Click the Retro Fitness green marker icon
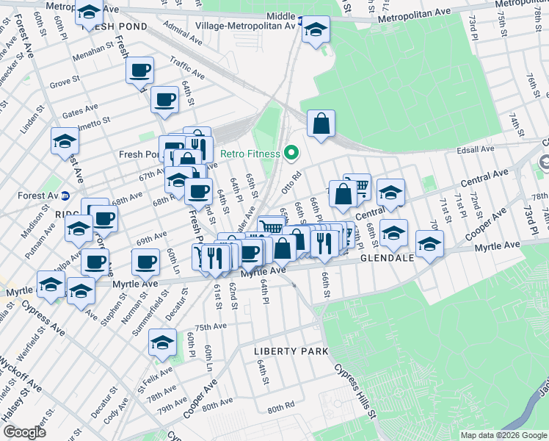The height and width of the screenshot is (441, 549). [291, 154]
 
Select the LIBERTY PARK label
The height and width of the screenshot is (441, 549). [291, 351]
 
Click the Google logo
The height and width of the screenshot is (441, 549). [24, 433]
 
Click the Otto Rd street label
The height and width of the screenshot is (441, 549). [291, 182]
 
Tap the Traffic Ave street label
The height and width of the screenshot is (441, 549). [186, 69]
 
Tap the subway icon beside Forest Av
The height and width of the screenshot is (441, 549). [65, 196]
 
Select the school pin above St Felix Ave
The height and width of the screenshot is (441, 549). [163, 342]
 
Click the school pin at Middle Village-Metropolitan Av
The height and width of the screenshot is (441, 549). [316, 30]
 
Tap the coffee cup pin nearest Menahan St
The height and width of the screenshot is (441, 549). [139, 71]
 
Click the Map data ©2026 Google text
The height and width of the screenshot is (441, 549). [503, 435]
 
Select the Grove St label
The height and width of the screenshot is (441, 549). [64, 84]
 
